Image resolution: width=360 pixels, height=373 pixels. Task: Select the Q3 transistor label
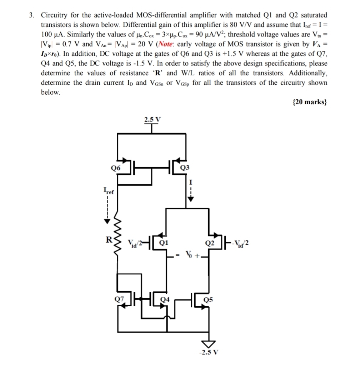pos(185,168)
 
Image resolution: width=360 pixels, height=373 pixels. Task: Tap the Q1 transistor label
pos(164,243)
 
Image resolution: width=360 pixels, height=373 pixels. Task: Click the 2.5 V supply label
pos(152,119)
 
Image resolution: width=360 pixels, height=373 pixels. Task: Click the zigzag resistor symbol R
pos(117,247)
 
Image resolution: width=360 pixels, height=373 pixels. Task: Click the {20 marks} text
pos(309,103)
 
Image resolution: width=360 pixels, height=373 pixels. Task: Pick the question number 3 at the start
pos(32,15)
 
